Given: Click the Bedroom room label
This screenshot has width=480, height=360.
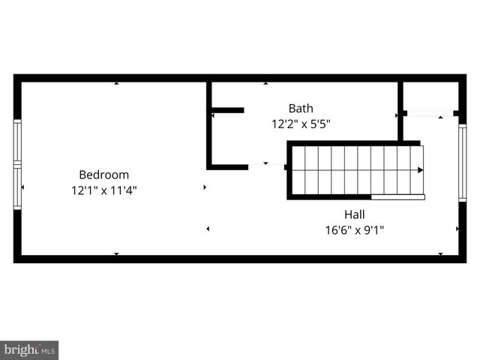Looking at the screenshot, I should [x=104, y=175].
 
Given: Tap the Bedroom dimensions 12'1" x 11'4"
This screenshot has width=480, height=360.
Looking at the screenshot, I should [x=104, y=190].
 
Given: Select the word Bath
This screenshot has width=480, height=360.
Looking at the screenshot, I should [x=301, y=108].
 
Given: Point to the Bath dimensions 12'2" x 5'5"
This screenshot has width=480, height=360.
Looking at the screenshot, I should [x=301, y=124].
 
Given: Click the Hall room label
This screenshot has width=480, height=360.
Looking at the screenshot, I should [x=355, y=214].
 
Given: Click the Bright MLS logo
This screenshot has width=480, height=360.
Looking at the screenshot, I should [x=29, y=350].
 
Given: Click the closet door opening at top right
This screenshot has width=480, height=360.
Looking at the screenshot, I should [x=429, y=113].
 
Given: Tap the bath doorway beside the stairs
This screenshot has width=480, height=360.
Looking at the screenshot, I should [x=266, y=164].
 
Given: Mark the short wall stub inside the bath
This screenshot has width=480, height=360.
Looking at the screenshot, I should [x=227, y=110].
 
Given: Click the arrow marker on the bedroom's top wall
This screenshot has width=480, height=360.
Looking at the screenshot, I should [x=116, y=83].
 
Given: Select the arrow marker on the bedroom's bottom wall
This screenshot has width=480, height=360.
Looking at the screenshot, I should [x=116, y=254].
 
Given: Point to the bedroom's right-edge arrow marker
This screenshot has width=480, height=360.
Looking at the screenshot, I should [x=205, y=187].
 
